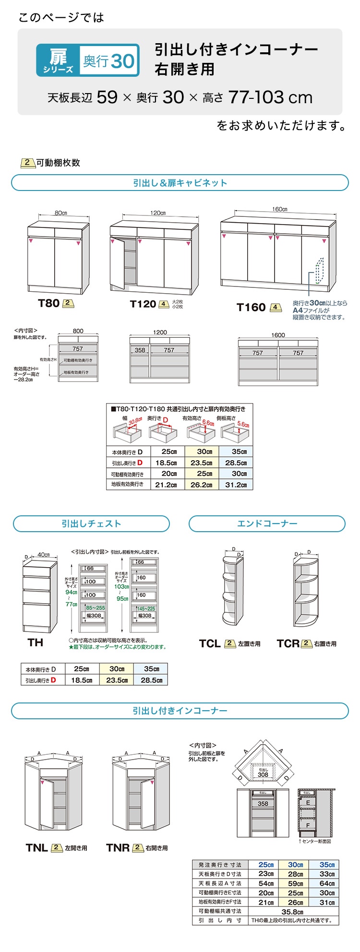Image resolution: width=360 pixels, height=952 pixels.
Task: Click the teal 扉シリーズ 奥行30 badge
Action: click(88, 60)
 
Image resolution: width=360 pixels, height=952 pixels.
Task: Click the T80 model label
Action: click(48, 303)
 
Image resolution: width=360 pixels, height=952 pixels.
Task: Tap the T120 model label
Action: click(143, 304)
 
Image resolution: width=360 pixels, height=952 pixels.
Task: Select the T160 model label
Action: click(251, 308)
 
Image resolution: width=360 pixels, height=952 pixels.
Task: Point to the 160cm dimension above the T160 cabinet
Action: click(279, 209)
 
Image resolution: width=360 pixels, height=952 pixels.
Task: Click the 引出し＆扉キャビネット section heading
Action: click(180, 183)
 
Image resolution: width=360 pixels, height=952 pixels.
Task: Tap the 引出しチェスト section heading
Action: click(91, 524)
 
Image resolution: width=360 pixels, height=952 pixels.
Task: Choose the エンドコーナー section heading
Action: click(267, 524)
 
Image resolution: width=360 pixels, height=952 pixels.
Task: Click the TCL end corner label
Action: click(210, 644)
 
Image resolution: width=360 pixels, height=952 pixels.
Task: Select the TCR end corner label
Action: click(288, 644)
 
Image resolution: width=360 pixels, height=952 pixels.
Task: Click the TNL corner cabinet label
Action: click(36, 848)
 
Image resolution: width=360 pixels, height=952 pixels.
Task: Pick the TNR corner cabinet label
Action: click(118, 848)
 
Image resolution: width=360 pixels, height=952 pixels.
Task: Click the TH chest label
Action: click(35, 643)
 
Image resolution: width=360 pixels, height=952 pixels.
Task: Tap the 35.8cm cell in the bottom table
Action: click(292, 912)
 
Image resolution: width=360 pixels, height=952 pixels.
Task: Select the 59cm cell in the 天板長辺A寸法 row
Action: click(295, 883)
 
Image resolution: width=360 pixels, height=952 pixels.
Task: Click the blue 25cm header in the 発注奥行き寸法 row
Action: click(265, 865)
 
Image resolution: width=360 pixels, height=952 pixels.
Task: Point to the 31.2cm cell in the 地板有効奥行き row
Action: click(235, 485)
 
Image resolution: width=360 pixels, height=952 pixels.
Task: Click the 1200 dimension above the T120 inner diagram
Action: click(160, 332)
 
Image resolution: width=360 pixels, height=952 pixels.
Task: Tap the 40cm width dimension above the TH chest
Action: click(43, 555)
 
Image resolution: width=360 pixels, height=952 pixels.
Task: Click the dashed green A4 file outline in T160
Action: click(319, 271)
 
